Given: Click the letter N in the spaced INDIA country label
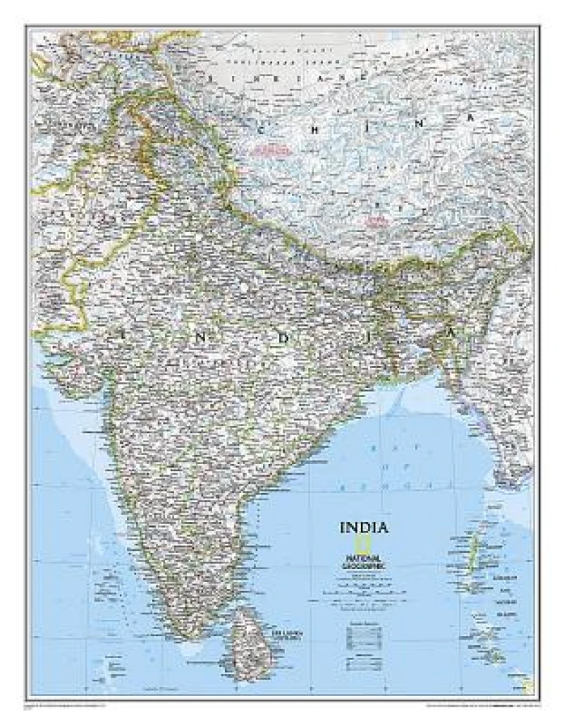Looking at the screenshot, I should pyautogui.click(x=201, y=337).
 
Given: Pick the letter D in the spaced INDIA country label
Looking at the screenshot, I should pyautogui.click(x=284, y=337).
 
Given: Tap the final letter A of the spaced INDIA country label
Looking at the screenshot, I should pyautogui.click(x=450, y=330).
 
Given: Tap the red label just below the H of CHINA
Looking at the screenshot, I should pyautogui.click(x=272, y=150).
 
